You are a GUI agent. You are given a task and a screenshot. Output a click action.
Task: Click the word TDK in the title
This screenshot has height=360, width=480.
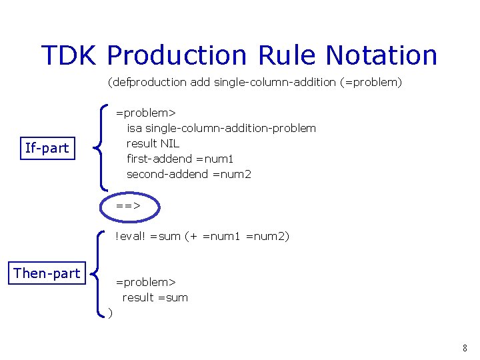pyautogui.click(x=69, y=55)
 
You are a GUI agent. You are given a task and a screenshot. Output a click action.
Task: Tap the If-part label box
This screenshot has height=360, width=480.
pyautogui.click(x=47, y=148)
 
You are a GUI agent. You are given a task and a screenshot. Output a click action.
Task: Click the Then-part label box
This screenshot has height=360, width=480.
pyautogui.click(x=47, y=273)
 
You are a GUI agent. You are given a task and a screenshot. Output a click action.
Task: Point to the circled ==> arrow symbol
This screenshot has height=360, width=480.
pyautogui.click(x=128, y=206)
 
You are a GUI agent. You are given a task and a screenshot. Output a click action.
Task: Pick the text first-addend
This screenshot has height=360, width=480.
pyautogui.click(x=160, y=159)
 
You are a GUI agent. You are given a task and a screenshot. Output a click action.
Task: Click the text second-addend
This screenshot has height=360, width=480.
pyautogui.click(x=167, y=174)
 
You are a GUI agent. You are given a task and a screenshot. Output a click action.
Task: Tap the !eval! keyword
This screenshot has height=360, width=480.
pyautogui.click(x=131, y=236)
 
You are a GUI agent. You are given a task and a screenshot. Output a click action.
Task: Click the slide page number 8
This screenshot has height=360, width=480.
pyautogui.click(x=465, y=348)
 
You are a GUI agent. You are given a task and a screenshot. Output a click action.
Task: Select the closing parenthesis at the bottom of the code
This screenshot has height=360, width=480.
pyautogui.click(x=111, y=313)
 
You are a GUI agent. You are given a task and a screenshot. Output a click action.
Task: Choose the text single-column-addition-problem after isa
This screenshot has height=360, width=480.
pyautogui.click(x=231, y=128)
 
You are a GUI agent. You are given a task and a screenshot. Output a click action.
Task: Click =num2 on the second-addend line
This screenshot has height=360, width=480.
pyautogui.click(x=231, y=174)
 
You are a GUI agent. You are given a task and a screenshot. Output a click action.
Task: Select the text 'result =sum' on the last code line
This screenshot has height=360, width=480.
pyautogui.click(x=155, y=297)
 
